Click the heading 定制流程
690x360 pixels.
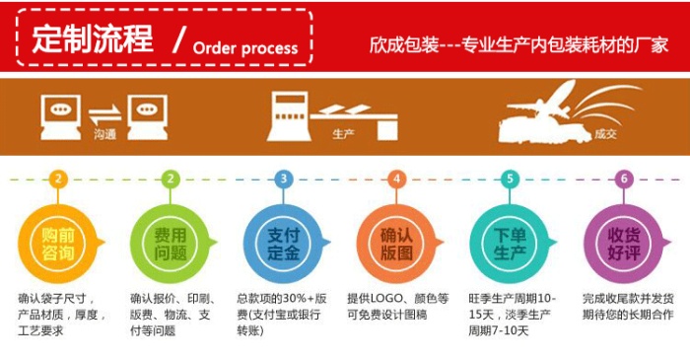point(93,38)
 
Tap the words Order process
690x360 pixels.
point(245,48)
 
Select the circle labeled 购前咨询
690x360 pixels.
point(57,244)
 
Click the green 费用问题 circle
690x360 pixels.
point(171,244)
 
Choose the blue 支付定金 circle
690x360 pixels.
point(283,244)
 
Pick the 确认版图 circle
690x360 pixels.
point(396,244)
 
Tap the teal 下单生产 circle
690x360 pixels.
point(510,244)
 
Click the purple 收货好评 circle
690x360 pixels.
point(623,244)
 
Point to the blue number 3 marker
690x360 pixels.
point(284,179)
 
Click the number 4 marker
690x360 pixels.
point(396,179)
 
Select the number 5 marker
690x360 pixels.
point(510,179)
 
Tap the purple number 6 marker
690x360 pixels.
point(624,179)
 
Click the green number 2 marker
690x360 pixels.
point(171,179)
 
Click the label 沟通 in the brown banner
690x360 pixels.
point(104,134)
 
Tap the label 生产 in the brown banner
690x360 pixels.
point(343,133)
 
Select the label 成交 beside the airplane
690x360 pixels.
point(605,134)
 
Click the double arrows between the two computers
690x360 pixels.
point(104,114)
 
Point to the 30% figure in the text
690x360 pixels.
point(294,299)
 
